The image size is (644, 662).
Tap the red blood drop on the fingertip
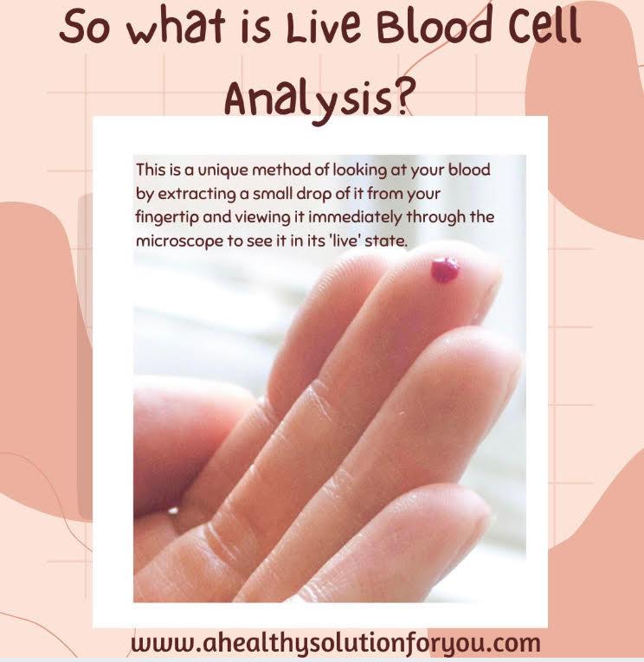(445, 270)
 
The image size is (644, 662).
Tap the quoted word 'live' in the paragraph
(345, 241)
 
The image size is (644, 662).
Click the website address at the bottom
(336, 643)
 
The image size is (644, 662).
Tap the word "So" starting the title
(83, 29)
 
